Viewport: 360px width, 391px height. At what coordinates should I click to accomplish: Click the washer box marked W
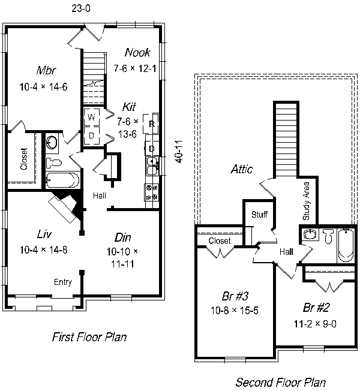pos(92,117)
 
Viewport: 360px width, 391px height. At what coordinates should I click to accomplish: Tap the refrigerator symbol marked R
pos(151,124)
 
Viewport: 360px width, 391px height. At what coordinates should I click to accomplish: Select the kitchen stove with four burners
pos(152,193)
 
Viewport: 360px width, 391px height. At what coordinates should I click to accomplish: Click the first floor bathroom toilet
pos(54,163)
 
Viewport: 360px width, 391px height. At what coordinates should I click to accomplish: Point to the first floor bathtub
pos(62,180)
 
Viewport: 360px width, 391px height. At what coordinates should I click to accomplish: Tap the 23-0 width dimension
pos(81,8)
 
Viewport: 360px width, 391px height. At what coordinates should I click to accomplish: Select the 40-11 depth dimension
pos(179,152)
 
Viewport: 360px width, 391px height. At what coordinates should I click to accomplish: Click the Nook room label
pos(137,52)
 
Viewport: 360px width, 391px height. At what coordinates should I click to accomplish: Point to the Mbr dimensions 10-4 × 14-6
pos(43,87)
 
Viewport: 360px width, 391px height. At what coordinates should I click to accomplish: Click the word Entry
pos(63,282)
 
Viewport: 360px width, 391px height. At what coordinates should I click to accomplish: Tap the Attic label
pos(241,169)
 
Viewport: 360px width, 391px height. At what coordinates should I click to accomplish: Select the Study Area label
pos(306,201)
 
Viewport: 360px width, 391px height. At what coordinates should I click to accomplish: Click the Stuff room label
pos(259,215)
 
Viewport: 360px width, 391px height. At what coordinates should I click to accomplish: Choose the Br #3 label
pos(235,296)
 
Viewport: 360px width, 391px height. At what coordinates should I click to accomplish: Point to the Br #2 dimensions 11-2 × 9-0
pos(315,324)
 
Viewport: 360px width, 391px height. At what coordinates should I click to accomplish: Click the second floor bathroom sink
pos(310,234)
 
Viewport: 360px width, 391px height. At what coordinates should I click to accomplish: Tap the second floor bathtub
pos(346,245)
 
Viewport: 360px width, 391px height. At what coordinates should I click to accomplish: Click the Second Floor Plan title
pos(281,382)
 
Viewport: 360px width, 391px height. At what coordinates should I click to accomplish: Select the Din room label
pos(122,237)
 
